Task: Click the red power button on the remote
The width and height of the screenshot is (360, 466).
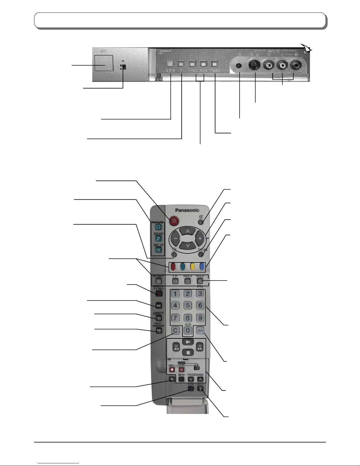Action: point(174,221)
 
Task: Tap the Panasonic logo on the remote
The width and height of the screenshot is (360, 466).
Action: point(187,210)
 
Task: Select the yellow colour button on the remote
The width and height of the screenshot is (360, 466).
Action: point(192,266)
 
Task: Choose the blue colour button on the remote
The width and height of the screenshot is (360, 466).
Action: point(202,266)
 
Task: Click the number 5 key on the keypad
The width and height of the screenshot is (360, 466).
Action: point(187,305)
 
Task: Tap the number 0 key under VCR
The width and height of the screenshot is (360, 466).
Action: point(187,330)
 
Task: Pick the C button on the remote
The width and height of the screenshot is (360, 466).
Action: point(175,330)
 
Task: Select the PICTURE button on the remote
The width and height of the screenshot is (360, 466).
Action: point(158,227)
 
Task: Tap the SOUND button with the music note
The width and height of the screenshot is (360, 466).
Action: point(158,238)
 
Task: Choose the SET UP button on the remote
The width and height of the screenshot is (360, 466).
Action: point(158,250)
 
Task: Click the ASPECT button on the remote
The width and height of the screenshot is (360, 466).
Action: point(158,318)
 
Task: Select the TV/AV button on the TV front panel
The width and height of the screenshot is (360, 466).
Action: point(215,63)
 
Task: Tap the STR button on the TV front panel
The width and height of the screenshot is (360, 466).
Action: point(170,63)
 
